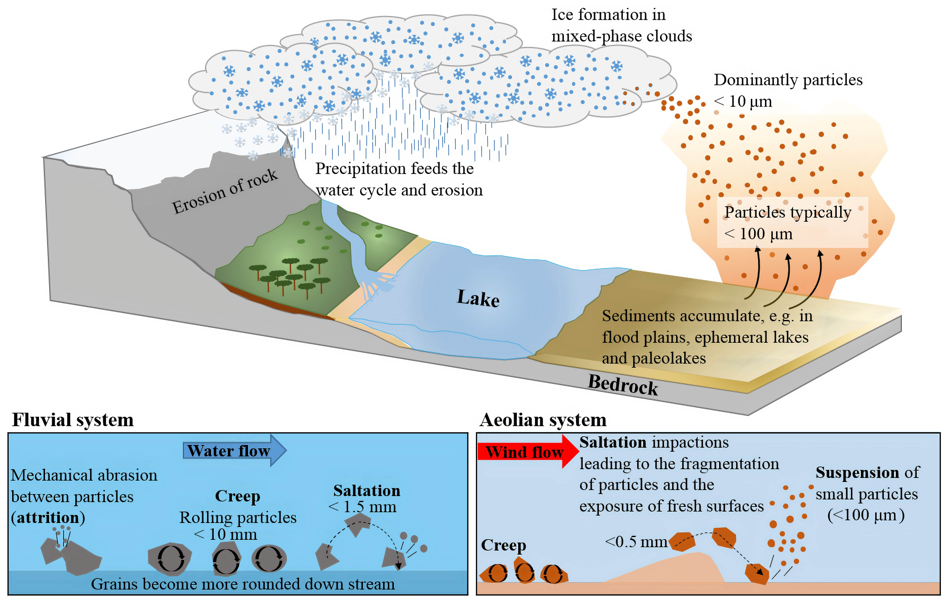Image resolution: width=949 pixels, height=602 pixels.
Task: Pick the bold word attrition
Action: (48, 518)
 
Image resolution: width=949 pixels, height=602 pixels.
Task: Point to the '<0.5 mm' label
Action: (636, 542)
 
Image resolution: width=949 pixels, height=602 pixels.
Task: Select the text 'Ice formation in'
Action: (608, 15)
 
